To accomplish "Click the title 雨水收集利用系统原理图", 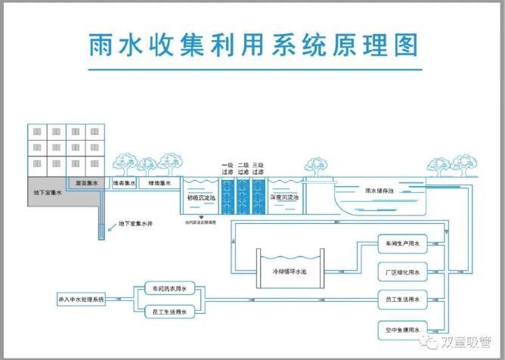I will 253,45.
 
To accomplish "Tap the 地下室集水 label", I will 47,193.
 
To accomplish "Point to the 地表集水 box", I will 124,183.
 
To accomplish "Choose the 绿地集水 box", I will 160,183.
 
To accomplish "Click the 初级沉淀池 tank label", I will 202,197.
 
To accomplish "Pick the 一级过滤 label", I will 227,169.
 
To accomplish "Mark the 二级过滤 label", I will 243,169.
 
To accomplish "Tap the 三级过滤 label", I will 259,169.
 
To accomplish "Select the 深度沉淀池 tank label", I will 285,197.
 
